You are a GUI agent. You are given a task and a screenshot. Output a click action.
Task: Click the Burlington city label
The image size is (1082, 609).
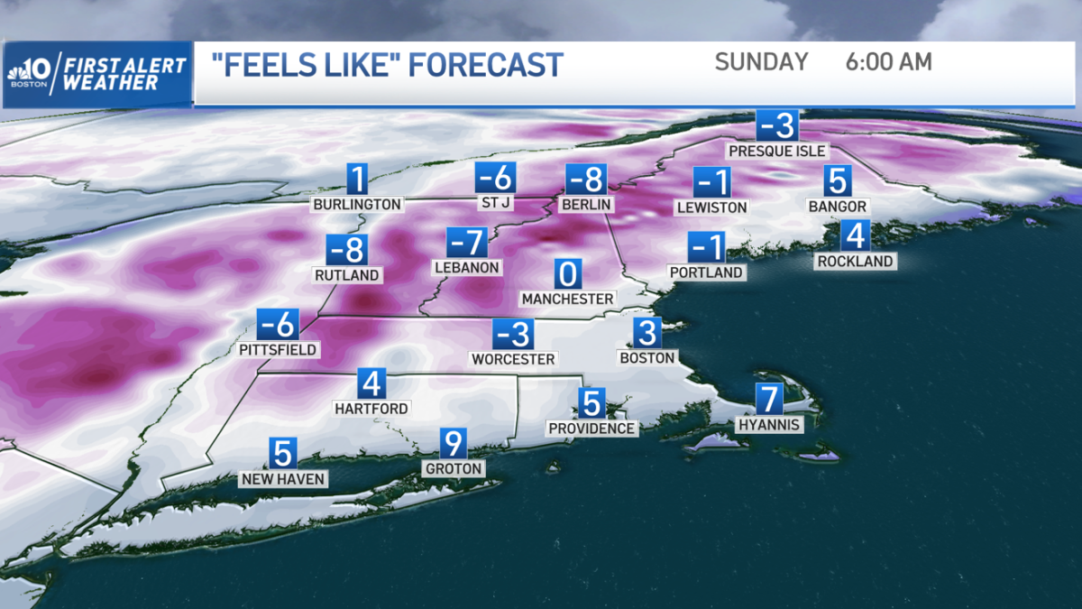[357, 205]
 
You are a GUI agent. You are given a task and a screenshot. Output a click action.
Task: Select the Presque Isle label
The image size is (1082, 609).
[776, 151]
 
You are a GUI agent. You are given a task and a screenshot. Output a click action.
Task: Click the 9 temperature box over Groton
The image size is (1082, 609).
[453, 444]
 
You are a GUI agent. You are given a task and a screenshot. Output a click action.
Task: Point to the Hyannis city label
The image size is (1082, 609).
[769, 424]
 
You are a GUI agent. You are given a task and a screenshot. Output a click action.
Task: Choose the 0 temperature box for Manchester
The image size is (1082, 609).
[568, 273]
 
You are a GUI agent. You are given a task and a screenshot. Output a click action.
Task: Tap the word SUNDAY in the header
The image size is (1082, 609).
[762, 62]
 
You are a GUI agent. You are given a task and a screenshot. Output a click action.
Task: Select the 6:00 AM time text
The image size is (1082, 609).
[888, 62]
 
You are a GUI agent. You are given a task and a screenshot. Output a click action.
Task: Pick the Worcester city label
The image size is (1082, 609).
[513, 358]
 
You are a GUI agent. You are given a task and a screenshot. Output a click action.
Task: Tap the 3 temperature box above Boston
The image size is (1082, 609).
[646, 332]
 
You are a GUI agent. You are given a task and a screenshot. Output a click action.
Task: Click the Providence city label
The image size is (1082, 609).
[591, 428]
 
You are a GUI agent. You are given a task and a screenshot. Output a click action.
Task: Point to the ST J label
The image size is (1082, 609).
[496, 203]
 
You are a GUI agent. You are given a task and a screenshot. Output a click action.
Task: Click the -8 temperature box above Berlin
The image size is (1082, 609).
[586, 180]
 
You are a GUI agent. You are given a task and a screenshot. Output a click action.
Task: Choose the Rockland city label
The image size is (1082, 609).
[854, 262]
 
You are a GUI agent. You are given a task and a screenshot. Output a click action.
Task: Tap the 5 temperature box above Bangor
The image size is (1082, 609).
[838, 181]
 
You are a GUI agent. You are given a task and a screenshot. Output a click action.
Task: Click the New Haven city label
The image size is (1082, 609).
[282, 479]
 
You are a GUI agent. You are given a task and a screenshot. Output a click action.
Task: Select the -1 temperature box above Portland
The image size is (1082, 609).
[707, 246]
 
